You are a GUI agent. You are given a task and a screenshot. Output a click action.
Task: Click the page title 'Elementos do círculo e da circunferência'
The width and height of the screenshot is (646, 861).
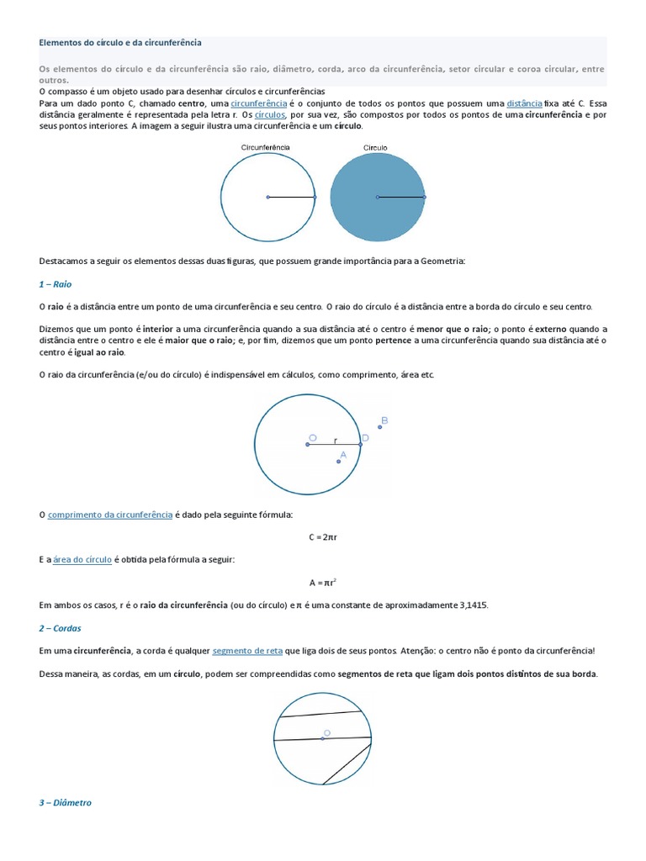pos(120,41)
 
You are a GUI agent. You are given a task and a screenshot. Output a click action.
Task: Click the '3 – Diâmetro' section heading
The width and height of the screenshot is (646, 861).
pos(66,802)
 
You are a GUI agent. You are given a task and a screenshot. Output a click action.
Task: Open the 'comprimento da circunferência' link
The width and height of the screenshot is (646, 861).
pos(110,513)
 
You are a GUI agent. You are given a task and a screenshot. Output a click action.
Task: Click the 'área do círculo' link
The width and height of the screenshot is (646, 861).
pos(82,558)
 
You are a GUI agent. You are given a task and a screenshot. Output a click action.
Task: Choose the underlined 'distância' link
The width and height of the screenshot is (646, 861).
pos(525,102)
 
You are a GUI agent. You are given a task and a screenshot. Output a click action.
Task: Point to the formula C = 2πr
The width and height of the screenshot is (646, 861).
pos(323,536)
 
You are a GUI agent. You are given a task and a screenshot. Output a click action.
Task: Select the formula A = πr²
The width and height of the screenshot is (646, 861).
pos(323,581)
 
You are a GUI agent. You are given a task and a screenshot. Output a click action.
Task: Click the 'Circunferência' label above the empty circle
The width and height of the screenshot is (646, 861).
pos(266,147)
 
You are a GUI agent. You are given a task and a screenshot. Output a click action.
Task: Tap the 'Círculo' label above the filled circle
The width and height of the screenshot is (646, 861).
pos(375,147)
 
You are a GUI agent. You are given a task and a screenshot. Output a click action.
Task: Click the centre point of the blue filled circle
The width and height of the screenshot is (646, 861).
pos(378,197)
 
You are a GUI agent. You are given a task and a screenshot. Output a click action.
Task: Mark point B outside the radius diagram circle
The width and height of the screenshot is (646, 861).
pos(380,426)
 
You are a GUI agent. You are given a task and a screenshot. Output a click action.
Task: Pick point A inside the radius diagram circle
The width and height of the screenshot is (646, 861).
pos(339,460)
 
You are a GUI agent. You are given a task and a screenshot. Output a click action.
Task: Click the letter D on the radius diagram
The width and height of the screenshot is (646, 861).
pos(365,437)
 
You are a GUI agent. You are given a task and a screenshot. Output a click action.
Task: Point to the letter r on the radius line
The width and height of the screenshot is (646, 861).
pos(336,440)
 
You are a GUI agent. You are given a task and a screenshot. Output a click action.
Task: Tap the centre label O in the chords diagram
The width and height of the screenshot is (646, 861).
pos(327,733)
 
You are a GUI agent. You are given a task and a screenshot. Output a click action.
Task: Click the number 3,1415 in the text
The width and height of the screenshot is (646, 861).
pos(468,605)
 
